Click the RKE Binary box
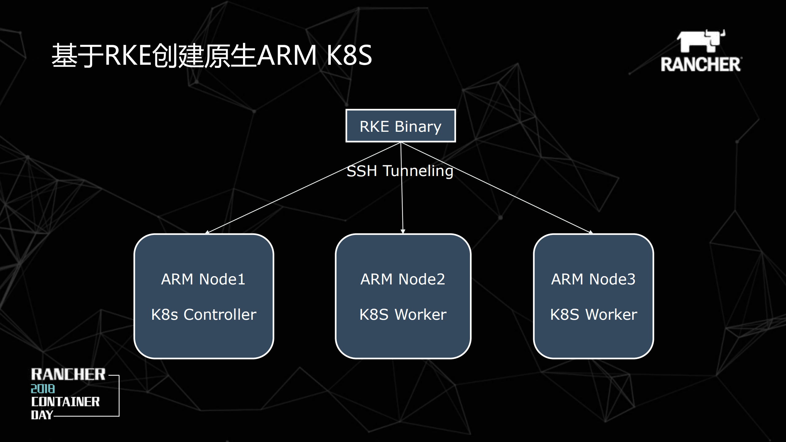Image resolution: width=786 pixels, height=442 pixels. point(401,126)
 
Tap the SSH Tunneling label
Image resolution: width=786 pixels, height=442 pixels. point(400,171)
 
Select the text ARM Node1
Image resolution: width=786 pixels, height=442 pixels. point(203,279)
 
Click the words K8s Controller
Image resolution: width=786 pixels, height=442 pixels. point(204,315)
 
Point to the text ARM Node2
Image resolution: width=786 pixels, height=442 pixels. point(403,279)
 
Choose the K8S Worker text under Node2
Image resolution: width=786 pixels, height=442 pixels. point(403,315)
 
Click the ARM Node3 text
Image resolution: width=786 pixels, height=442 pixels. point(593,279)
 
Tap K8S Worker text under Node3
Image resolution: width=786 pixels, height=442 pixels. point(593,315)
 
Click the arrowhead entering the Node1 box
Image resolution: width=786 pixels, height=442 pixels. point(207,232)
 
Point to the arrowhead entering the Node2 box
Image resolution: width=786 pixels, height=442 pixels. point(403,231)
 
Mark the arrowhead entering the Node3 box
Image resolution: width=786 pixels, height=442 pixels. point(590,232)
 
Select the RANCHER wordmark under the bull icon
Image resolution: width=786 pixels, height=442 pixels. point(701,64)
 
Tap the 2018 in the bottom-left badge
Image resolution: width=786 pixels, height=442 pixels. point(43,389)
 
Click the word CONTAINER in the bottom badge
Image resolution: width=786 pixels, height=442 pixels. point(65,402)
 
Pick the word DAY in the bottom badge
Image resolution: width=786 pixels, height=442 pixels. point(42,415)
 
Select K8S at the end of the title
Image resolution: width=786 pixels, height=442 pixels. point(349,55)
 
